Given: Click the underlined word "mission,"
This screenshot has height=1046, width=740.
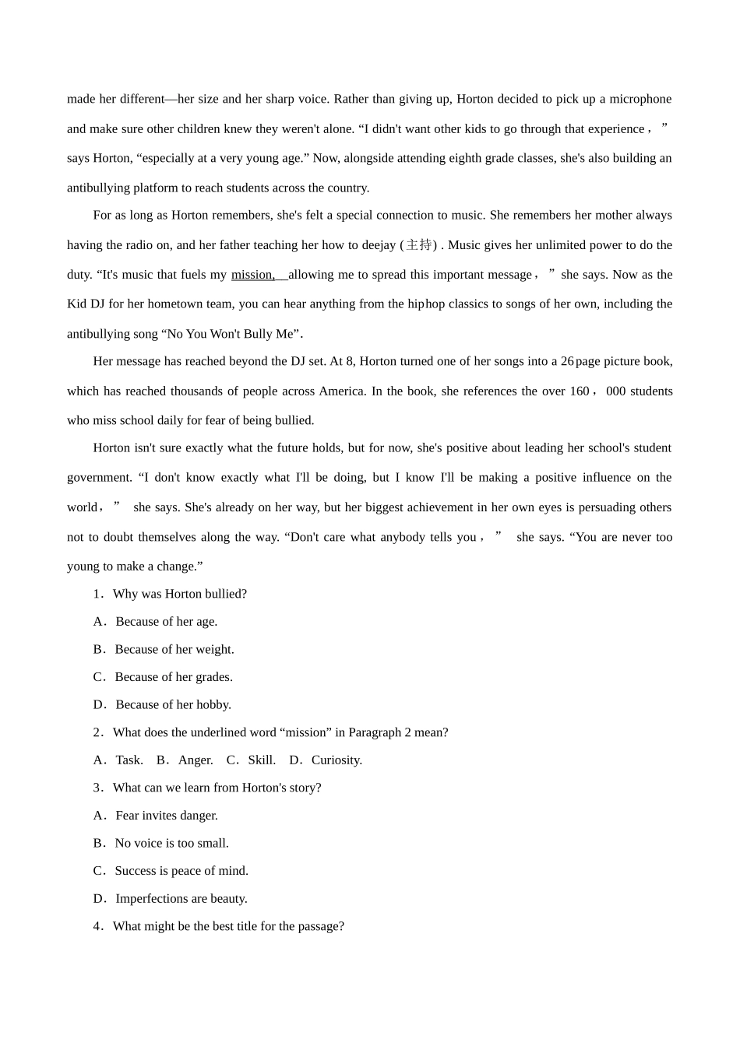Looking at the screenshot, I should click(253, 275).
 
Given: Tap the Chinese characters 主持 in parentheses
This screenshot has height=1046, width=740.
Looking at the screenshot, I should click(418, 245).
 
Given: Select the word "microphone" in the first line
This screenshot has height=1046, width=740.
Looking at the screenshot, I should click(640, 99).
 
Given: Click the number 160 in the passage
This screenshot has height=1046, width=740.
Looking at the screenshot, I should click(580, 391).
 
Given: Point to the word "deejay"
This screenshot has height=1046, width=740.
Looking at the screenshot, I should click(378, 245).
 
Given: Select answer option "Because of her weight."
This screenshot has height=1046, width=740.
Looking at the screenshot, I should click(174, 649).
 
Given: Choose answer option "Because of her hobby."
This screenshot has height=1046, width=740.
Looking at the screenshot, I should click(173, 704).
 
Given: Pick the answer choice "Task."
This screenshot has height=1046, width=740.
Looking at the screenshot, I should click(129, 760).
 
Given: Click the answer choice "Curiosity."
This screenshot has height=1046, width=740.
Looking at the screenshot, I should click(337, 760).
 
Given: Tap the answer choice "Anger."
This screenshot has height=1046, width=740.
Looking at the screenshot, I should click(196, 760).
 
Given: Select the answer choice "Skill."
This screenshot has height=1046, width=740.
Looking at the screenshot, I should click(262, 760).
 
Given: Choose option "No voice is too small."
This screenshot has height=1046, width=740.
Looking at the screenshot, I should click(171, 843).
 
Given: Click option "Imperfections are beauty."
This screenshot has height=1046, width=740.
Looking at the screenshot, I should click(181, 898).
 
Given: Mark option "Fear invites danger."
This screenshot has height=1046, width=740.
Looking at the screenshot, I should click(166, 815).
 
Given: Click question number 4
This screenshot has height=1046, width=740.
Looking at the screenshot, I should click(97, 926).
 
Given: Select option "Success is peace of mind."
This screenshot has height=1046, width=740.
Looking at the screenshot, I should click(181, 870).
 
